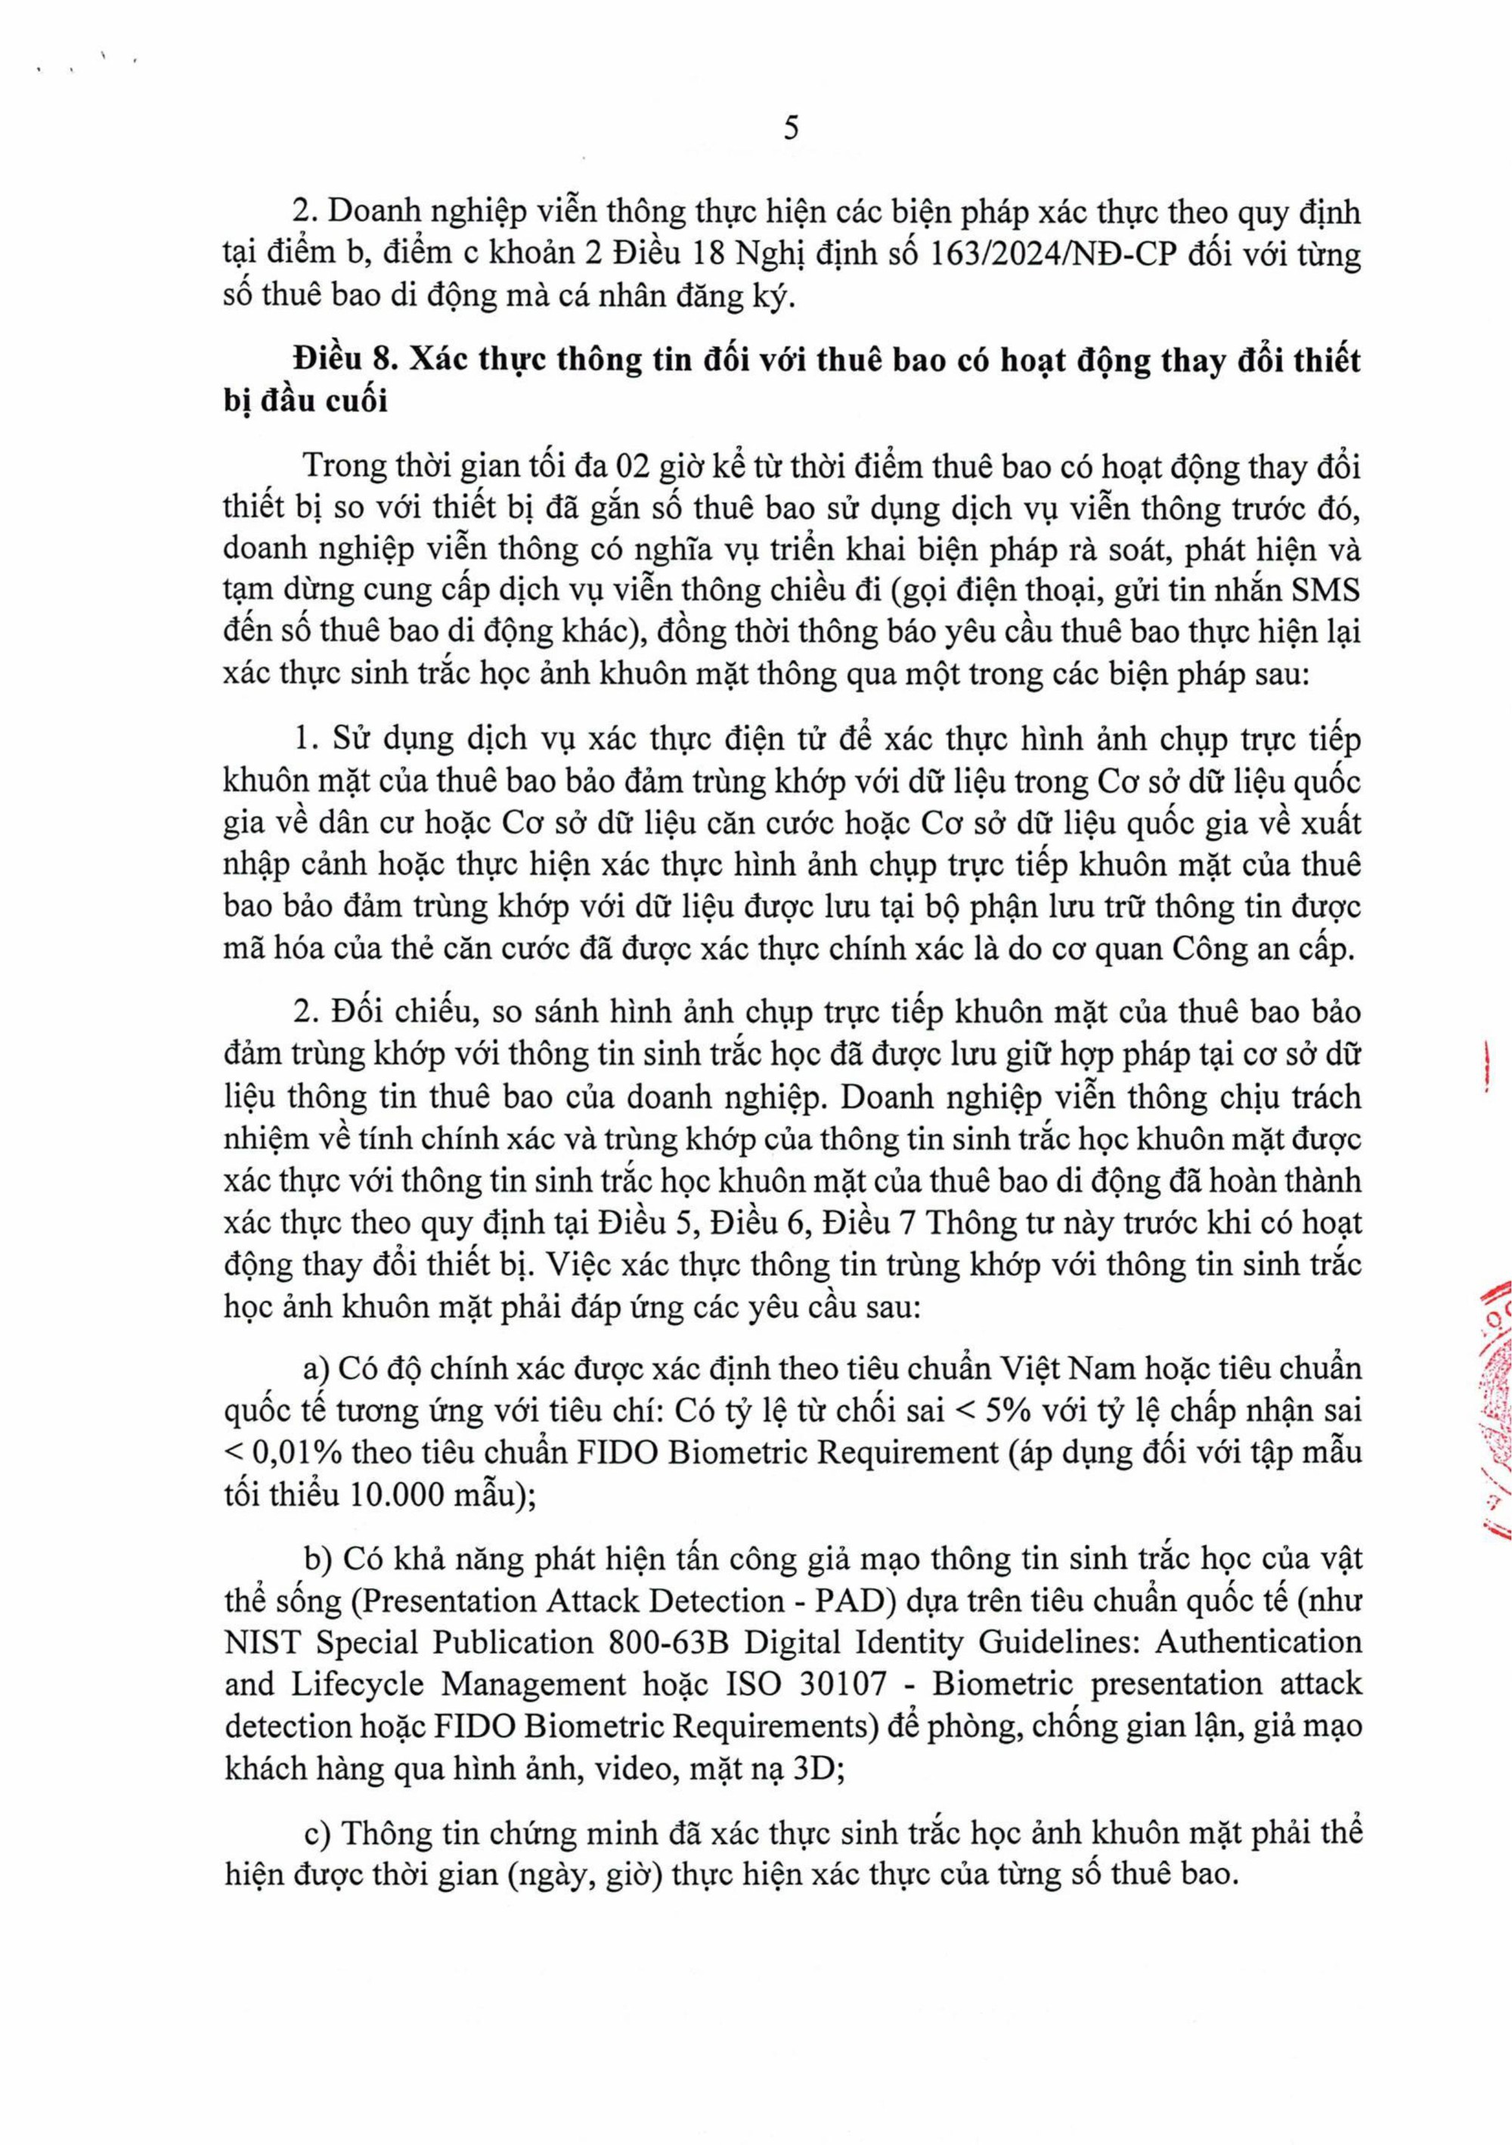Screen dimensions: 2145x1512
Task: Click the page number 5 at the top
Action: (791, 128)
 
